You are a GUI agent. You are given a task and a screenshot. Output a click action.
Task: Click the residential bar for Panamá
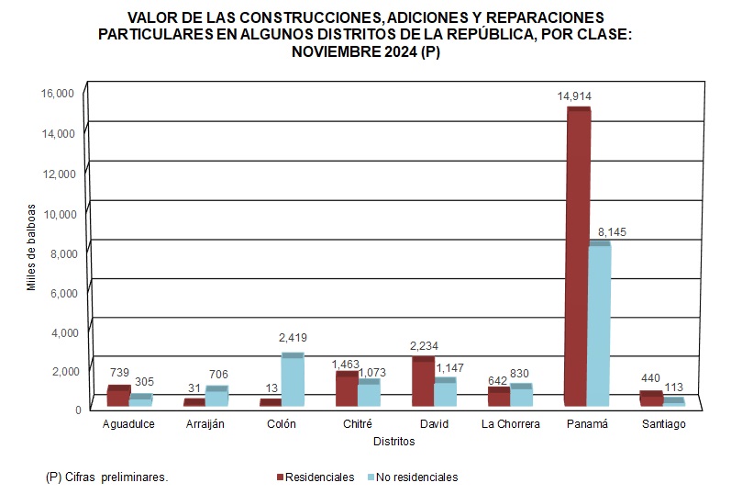tap(578, 257)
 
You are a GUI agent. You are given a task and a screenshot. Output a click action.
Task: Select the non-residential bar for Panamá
tap(599, 326)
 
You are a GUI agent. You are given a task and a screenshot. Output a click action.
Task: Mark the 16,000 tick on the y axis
tap(57, 94)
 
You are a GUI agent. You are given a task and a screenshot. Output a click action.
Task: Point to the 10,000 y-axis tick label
tap(57, 213)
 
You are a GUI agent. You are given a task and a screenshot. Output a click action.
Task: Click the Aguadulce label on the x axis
tap(128, 424)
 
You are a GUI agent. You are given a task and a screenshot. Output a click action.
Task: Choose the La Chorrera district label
tap(511, 424)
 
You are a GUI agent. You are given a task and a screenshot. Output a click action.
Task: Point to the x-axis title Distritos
tap(393, 442)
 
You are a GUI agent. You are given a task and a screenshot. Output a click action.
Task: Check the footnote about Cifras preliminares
tap(107, 477)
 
